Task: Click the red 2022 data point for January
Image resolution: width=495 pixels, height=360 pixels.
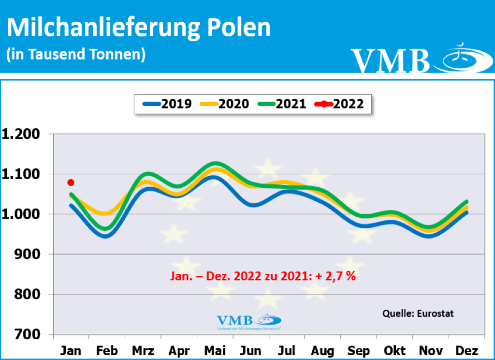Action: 71,182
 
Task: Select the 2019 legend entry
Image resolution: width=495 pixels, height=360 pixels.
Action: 167,104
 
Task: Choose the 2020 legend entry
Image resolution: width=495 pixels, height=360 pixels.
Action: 224,104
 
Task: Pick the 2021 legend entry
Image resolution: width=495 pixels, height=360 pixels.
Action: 281,104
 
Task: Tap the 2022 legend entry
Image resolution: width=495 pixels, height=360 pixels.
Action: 338,104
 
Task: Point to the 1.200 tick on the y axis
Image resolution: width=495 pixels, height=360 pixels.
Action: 23,134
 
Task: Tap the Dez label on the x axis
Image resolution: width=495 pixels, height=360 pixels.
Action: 466,351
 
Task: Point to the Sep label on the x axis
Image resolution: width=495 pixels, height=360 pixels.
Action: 359,351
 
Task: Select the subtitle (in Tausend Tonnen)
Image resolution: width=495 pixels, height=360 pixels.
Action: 75,54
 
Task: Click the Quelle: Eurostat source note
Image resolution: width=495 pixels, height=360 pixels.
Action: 418,313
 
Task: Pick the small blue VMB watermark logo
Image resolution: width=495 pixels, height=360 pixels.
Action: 248,321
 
